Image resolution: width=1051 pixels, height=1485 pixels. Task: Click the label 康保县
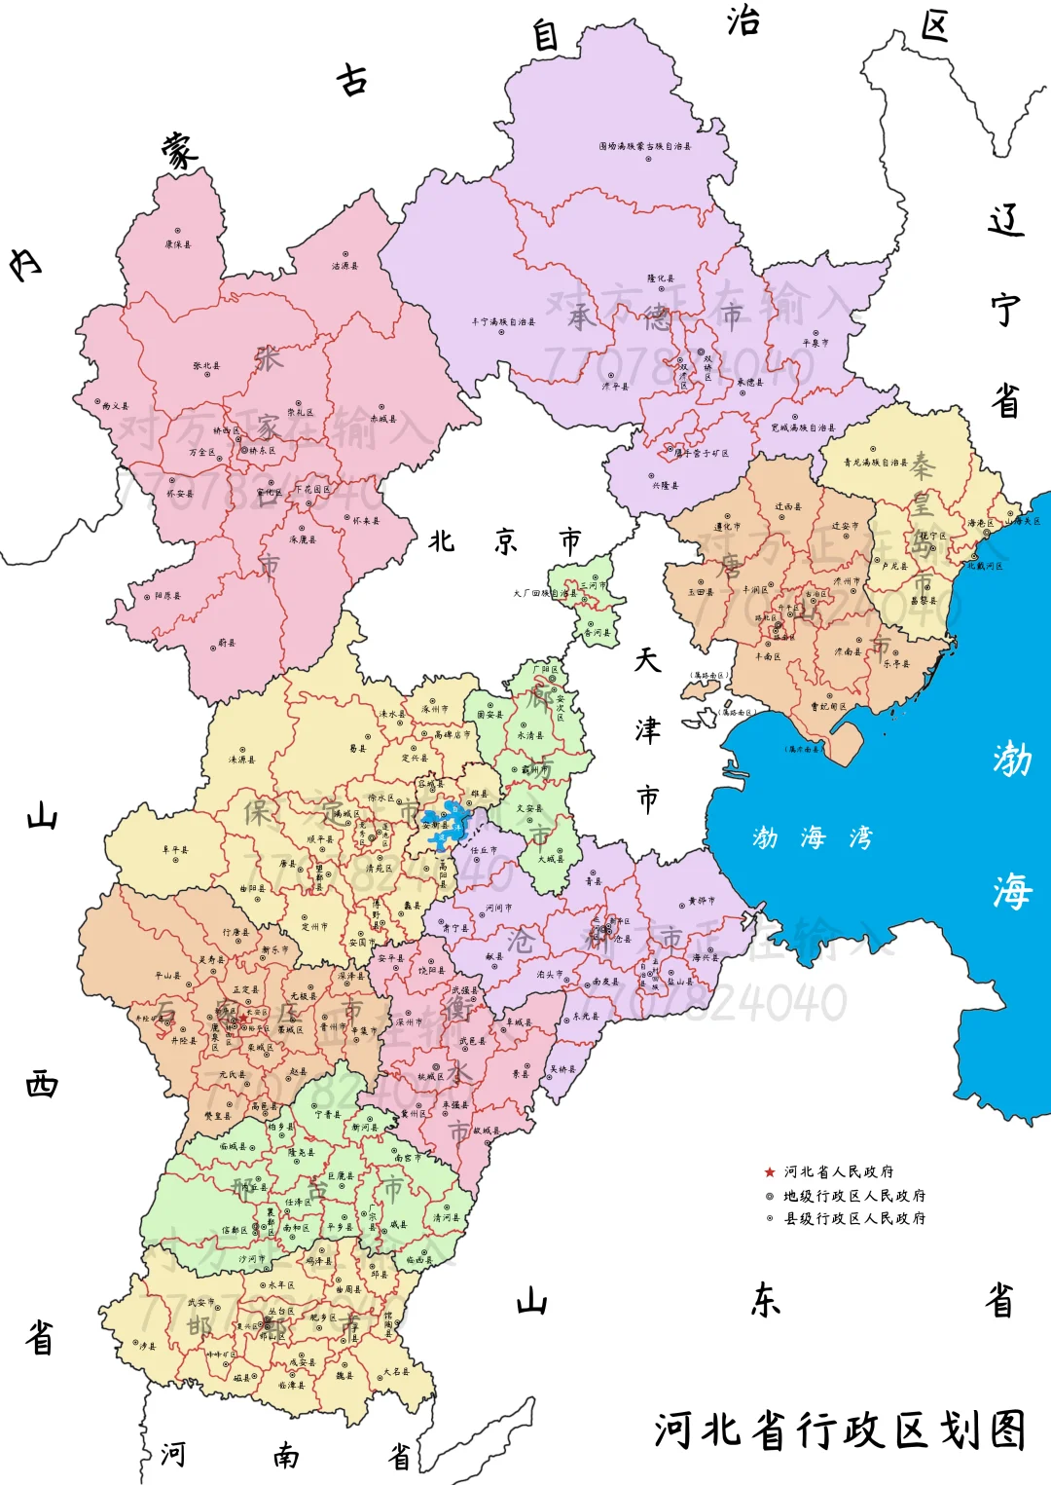(178, 244)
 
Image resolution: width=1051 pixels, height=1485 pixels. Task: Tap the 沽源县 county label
(344, 266)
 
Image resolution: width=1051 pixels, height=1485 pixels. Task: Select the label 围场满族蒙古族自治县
(645, 146)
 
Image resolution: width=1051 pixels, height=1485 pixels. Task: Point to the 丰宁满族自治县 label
(503, 321)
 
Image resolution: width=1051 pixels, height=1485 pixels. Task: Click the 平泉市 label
(815, 343)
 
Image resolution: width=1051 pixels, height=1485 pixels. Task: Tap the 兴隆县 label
(666, 485)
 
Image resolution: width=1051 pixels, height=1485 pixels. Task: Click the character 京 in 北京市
(506, 541)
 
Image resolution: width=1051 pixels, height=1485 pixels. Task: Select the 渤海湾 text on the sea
(813, 837)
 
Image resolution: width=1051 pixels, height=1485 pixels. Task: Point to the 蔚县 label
(227, 643)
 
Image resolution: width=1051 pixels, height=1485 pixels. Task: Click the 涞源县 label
(241, 760)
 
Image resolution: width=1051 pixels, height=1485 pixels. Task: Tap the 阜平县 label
(175, 850)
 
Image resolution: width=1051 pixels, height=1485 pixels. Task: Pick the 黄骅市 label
(702, 901)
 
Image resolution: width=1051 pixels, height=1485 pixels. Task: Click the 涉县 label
(148, 1346)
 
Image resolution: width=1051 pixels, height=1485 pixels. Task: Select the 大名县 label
(396, 1371)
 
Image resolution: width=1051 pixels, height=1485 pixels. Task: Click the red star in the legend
(770, 1172)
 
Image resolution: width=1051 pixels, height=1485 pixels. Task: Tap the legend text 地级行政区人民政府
(854, 1196)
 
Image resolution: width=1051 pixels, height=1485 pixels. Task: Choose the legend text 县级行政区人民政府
(854, 1218)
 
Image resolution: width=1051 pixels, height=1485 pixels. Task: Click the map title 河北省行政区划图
(840, 1430)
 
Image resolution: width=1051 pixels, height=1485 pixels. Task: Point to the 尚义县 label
(116, 406)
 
